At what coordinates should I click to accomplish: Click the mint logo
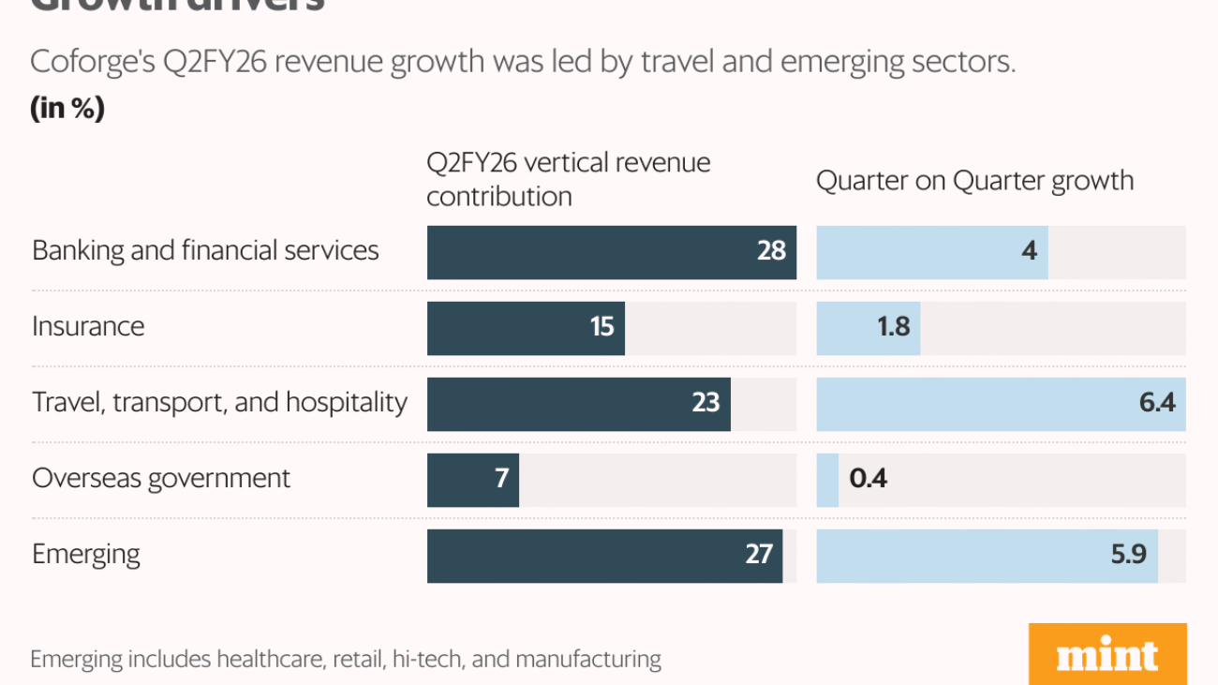(x=1107, y=654)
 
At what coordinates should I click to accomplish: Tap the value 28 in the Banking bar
(x=771, y=251)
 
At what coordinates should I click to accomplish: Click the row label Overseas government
(x=161, y=478)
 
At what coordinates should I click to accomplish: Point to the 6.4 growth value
(x=1157, y=403)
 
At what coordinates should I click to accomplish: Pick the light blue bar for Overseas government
(x=827, y=479)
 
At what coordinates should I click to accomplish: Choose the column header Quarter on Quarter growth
(x=974, y=180)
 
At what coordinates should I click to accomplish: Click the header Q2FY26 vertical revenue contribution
(x=568, y=179)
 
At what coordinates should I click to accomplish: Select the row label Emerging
(x=86, y=554)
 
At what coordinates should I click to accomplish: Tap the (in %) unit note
(x=67, y=109)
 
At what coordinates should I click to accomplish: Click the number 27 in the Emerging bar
(x=758, y=555)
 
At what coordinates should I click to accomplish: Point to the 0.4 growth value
(x=868, y=479)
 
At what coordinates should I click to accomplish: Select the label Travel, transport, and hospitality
(x=219, y=402)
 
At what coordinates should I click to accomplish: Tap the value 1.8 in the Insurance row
(x=893, y=327)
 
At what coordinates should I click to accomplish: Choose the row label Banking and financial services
(x=205, y=250)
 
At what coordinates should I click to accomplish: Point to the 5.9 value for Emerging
(x=1128, y=555)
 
